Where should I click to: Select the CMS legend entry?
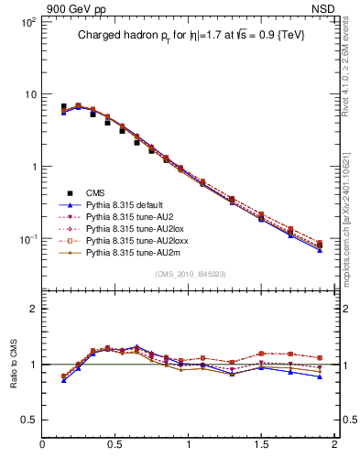(x=96, y=191)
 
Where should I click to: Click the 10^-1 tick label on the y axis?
(x=27, y=239)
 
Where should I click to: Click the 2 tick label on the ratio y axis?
(x=32, y=309)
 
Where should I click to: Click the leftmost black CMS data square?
(x=63, y=107)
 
